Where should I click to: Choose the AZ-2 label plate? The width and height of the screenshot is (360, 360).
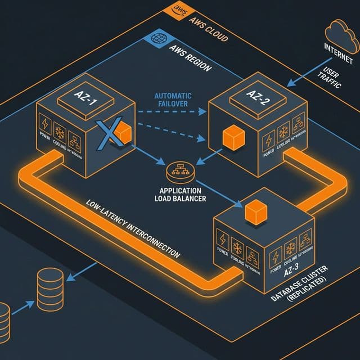click(x=258, y=91)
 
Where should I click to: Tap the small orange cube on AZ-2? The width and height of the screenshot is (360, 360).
click(x=232, y=137)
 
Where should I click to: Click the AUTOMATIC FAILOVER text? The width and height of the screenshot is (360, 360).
click(x=173, y=100)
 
